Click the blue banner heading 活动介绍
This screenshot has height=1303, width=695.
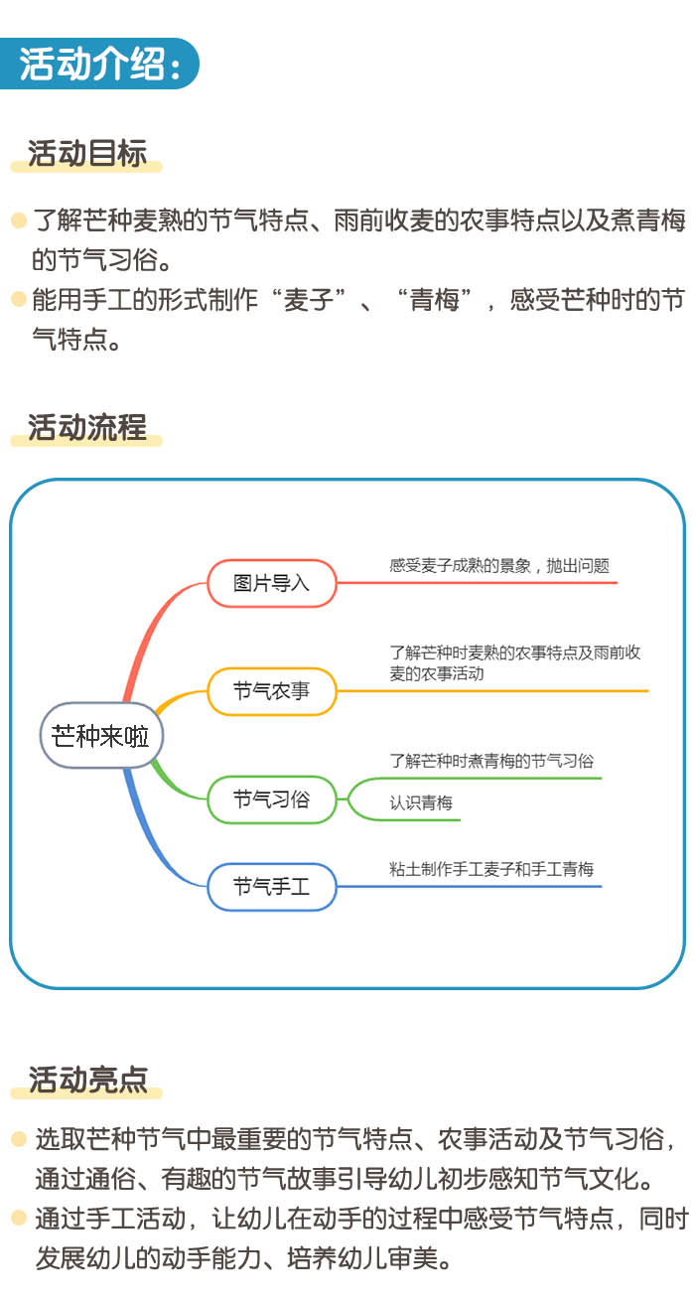point(99,64)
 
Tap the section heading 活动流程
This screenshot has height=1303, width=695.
point(86,427)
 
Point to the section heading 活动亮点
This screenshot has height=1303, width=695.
point(87,1080)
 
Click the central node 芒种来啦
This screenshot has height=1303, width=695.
point(101,735)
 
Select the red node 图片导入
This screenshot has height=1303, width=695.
point(272,583)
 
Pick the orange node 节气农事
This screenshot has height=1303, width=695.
point(272,691)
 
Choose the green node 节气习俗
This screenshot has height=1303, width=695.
point(272,799)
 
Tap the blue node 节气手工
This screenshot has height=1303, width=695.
point(272,887)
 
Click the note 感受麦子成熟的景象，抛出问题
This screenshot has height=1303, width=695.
point(499,565)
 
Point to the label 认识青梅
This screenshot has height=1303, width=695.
point(421,802)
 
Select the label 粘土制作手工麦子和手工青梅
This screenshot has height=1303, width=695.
point(491,869)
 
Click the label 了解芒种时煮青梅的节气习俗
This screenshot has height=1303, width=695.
point(491,761)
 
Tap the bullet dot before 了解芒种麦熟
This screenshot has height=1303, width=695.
point(19,220)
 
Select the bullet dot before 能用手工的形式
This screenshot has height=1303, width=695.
point(19,300)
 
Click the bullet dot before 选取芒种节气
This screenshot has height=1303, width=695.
point(19,1138)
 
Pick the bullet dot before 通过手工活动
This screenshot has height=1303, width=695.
point(19,1218)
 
